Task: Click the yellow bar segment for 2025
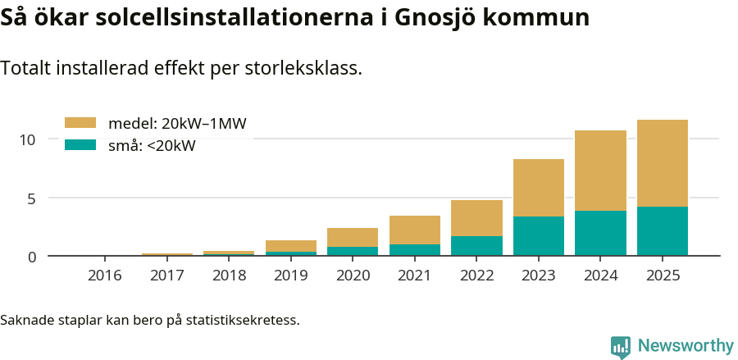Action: (663, 163)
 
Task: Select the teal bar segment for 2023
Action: (539, 236)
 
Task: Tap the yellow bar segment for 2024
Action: (600, 171)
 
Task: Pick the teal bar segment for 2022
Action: (476, 246)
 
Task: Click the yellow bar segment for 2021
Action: (415, 230)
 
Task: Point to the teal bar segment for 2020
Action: (353, 251)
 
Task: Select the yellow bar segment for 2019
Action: (291, 246)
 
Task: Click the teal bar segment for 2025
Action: (663, 231)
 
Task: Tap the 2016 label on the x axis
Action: (105, 276)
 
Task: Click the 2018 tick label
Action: (229, 276)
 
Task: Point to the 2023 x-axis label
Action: (539, 276)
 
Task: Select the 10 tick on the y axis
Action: (29, 139)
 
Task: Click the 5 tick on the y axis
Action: (32, 198)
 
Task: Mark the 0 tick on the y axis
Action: (32, 257)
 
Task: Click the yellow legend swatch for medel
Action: (80, 123)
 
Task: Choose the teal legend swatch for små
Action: (80, 145)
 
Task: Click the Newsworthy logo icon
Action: (620, 346)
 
